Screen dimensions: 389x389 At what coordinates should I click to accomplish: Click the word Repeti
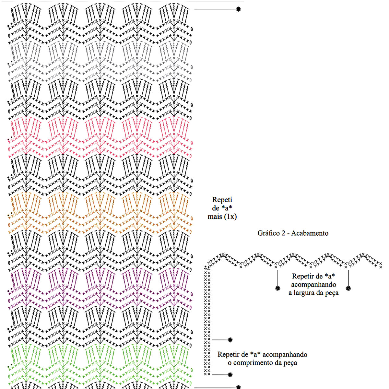(222, 200)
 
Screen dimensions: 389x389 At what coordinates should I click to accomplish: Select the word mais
(215, 217)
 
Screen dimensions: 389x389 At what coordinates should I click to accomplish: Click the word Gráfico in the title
(268, 233)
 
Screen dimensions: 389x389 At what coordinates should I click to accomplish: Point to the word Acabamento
(310, 233)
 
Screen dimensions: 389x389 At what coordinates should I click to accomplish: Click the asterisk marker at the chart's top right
(239, 9)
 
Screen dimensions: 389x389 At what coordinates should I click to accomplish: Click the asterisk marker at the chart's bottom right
(239, 387)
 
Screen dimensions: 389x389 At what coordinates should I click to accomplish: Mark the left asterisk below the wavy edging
(278, 288)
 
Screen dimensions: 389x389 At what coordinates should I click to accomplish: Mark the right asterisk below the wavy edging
(348, 288)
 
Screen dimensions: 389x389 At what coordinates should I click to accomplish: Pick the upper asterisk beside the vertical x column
(230, 340)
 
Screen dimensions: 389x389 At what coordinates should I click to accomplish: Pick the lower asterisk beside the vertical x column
(230, 375)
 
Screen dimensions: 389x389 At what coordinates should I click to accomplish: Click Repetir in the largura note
(303, 276)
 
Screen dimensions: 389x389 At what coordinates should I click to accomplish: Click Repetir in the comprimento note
(228, 354)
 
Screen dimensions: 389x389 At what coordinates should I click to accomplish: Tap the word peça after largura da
(331, 293)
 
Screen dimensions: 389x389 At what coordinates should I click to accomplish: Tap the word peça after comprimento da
(289, 363)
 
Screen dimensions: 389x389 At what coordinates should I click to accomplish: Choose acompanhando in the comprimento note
(285, 354)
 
